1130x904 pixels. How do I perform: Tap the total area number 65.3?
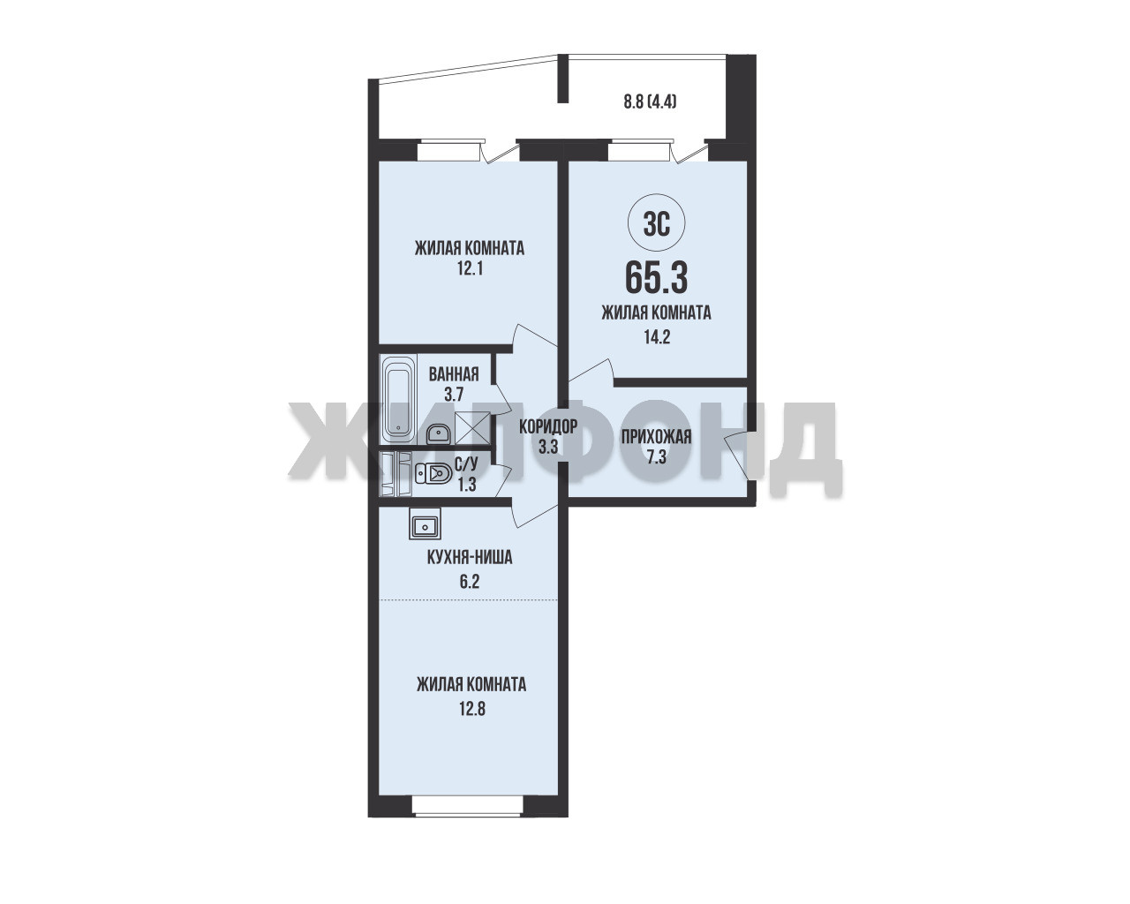click(656, 278)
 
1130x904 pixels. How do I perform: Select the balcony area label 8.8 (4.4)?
click(650, 102)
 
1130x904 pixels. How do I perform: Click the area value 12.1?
click(470, 269)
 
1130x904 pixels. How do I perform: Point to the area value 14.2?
click(657, 336)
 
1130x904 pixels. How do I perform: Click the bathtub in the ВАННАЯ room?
click(398, 399)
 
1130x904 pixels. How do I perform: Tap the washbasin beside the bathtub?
click(437, 433)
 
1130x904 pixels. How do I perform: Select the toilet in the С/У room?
click(433, 474)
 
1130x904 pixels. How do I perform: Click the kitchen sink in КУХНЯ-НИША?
click(425, 524)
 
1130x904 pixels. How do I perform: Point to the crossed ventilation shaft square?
click(472, 427)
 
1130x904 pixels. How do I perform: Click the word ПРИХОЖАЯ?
click(656, 437)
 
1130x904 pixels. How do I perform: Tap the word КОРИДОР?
click(548, 427)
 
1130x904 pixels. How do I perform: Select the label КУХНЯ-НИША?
click(470, 557)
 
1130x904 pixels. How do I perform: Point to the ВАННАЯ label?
click(454, 374)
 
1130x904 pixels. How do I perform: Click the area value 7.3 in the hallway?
click(656, 458)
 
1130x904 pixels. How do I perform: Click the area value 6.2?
click(470, 582)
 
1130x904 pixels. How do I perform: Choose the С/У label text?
click(466, 463)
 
